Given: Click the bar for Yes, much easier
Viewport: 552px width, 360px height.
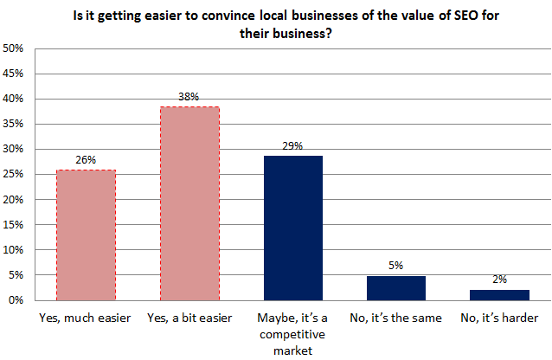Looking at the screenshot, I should coord(85,235).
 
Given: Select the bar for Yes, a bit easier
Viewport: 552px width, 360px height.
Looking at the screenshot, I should coord(189,203).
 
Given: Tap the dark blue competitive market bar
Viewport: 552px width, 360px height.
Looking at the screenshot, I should coord(292,228).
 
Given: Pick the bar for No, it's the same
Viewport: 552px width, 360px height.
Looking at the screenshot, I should coord(396,288).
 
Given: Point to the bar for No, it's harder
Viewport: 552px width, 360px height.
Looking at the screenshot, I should coord(499,295).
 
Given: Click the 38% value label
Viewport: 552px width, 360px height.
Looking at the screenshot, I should coord(189,97).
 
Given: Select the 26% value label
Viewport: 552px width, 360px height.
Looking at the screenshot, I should coord(85,159).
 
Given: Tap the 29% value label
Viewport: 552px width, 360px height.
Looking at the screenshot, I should coord(292,146).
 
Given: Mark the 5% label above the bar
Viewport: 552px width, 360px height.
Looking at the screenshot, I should coord(396,266).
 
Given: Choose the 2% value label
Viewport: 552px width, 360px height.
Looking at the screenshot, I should coord(499,280).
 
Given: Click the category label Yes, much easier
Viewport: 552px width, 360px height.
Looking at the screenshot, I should coord(85,318).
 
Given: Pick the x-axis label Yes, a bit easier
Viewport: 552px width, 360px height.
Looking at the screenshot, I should coord(189,318).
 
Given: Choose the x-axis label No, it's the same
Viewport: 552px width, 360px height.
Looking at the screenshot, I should coord(396,318).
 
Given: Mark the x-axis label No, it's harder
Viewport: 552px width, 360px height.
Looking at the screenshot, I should coord(499,318).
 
